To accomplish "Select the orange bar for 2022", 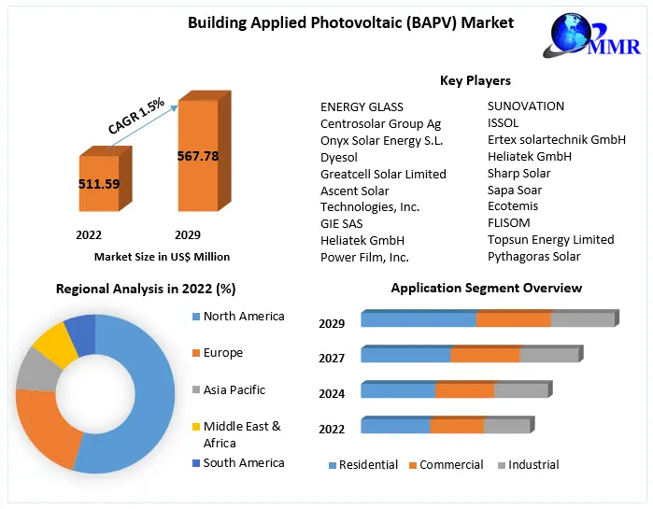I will pos(98,184).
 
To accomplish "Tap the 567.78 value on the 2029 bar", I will pos(197,156).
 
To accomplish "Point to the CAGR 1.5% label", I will pos(136,116).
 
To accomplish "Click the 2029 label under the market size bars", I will pos(187,234).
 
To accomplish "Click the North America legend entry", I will pos(243,317).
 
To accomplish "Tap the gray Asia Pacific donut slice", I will pos(36,368).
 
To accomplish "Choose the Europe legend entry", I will pos(222,353).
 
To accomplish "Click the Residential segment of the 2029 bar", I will pos(419,320).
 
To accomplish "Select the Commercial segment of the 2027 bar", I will pos(485,355).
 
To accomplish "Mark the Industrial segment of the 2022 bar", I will pos(507,427).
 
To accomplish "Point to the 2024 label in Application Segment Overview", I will pos(332,394).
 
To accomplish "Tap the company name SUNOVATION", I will pos(526,106).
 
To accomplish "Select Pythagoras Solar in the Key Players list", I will pos(533,257).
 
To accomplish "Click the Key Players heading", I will pos(476,81).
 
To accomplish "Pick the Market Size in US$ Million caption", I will pos(162,257).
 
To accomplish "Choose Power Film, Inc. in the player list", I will pos(364,257).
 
